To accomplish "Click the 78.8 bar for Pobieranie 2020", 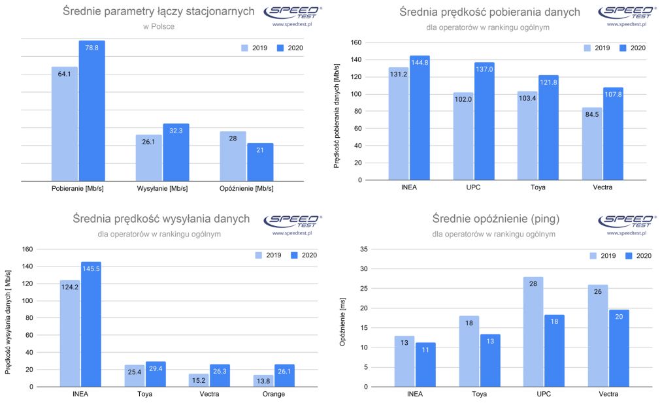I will [92, 111].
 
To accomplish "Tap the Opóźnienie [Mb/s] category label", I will [246, 189].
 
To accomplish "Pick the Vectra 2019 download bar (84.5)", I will [592, 144].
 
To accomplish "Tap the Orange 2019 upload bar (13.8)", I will [264, 381].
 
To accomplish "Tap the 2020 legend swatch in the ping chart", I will [630, 255].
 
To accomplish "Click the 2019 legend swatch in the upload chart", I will [260, 255].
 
